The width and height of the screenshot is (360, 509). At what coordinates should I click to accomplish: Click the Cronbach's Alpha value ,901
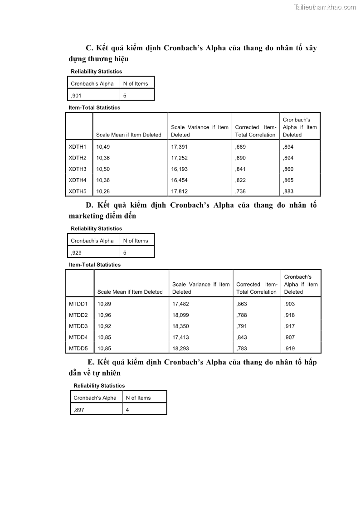click(x=76, y=96)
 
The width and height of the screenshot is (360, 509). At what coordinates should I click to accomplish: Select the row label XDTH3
click(x=78, y=169)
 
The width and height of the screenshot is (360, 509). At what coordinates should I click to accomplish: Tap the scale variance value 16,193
click(x=180, y=169)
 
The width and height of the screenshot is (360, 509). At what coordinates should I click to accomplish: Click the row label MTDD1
click(x=78, y=304)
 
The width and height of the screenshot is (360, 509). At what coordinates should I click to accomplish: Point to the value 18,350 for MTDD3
click(x=181, y=326)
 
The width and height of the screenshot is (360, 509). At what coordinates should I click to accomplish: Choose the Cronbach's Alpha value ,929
click(x=76, y=253)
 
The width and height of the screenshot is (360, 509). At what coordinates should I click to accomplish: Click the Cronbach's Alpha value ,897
click(x=79, y=410)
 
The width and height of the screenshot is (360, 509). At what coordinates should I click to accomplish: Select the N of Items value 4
click(x=127, y=410)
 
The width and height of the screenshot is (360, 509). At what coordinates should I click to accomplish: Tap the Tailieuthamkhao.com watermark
click(x=325, y=7)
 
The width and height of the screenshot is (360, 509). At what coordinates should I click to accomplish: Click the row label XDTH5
click(x=78, y=191)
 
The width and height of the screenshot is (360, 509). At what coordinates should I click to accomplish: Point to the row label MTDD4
click(x=78, y=337)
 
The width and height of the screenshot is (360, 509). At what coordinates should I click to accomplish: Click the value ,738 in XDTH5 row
click(x=240, y=191)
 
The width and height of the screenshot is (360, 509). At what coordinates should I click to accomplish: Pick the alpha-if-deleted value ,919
click(x=289, y=349)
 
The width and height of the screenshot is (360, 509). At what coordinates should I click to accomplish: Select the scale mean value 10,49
click(x=103, y=147)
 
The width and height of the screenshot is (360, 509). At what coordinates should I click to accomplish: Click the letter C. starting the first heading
click(x=89, y=48)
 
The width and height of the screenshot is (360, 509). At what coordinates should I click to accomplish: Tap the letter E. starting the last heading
click(x=91, y=362)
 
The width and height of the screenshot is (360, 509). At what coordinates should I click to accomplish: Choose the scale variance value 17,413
click(x=181, y=337)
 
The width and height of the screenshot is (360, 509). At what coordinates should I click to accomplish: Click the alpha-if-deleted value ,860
click(x=288, y=169)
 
